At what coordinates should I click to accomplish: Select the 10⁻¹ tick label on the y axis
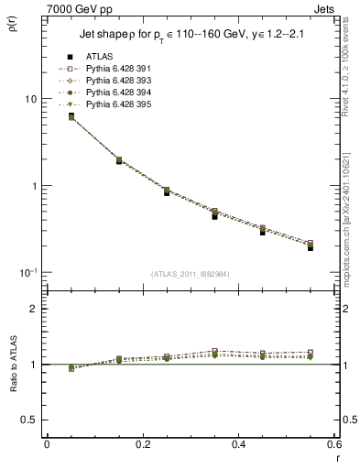point(27,272)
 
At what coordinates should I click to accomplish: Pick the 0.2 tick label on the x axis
point(142,446)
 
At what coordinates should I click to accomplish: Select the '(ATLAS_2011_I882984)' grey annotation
point(191,274)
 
